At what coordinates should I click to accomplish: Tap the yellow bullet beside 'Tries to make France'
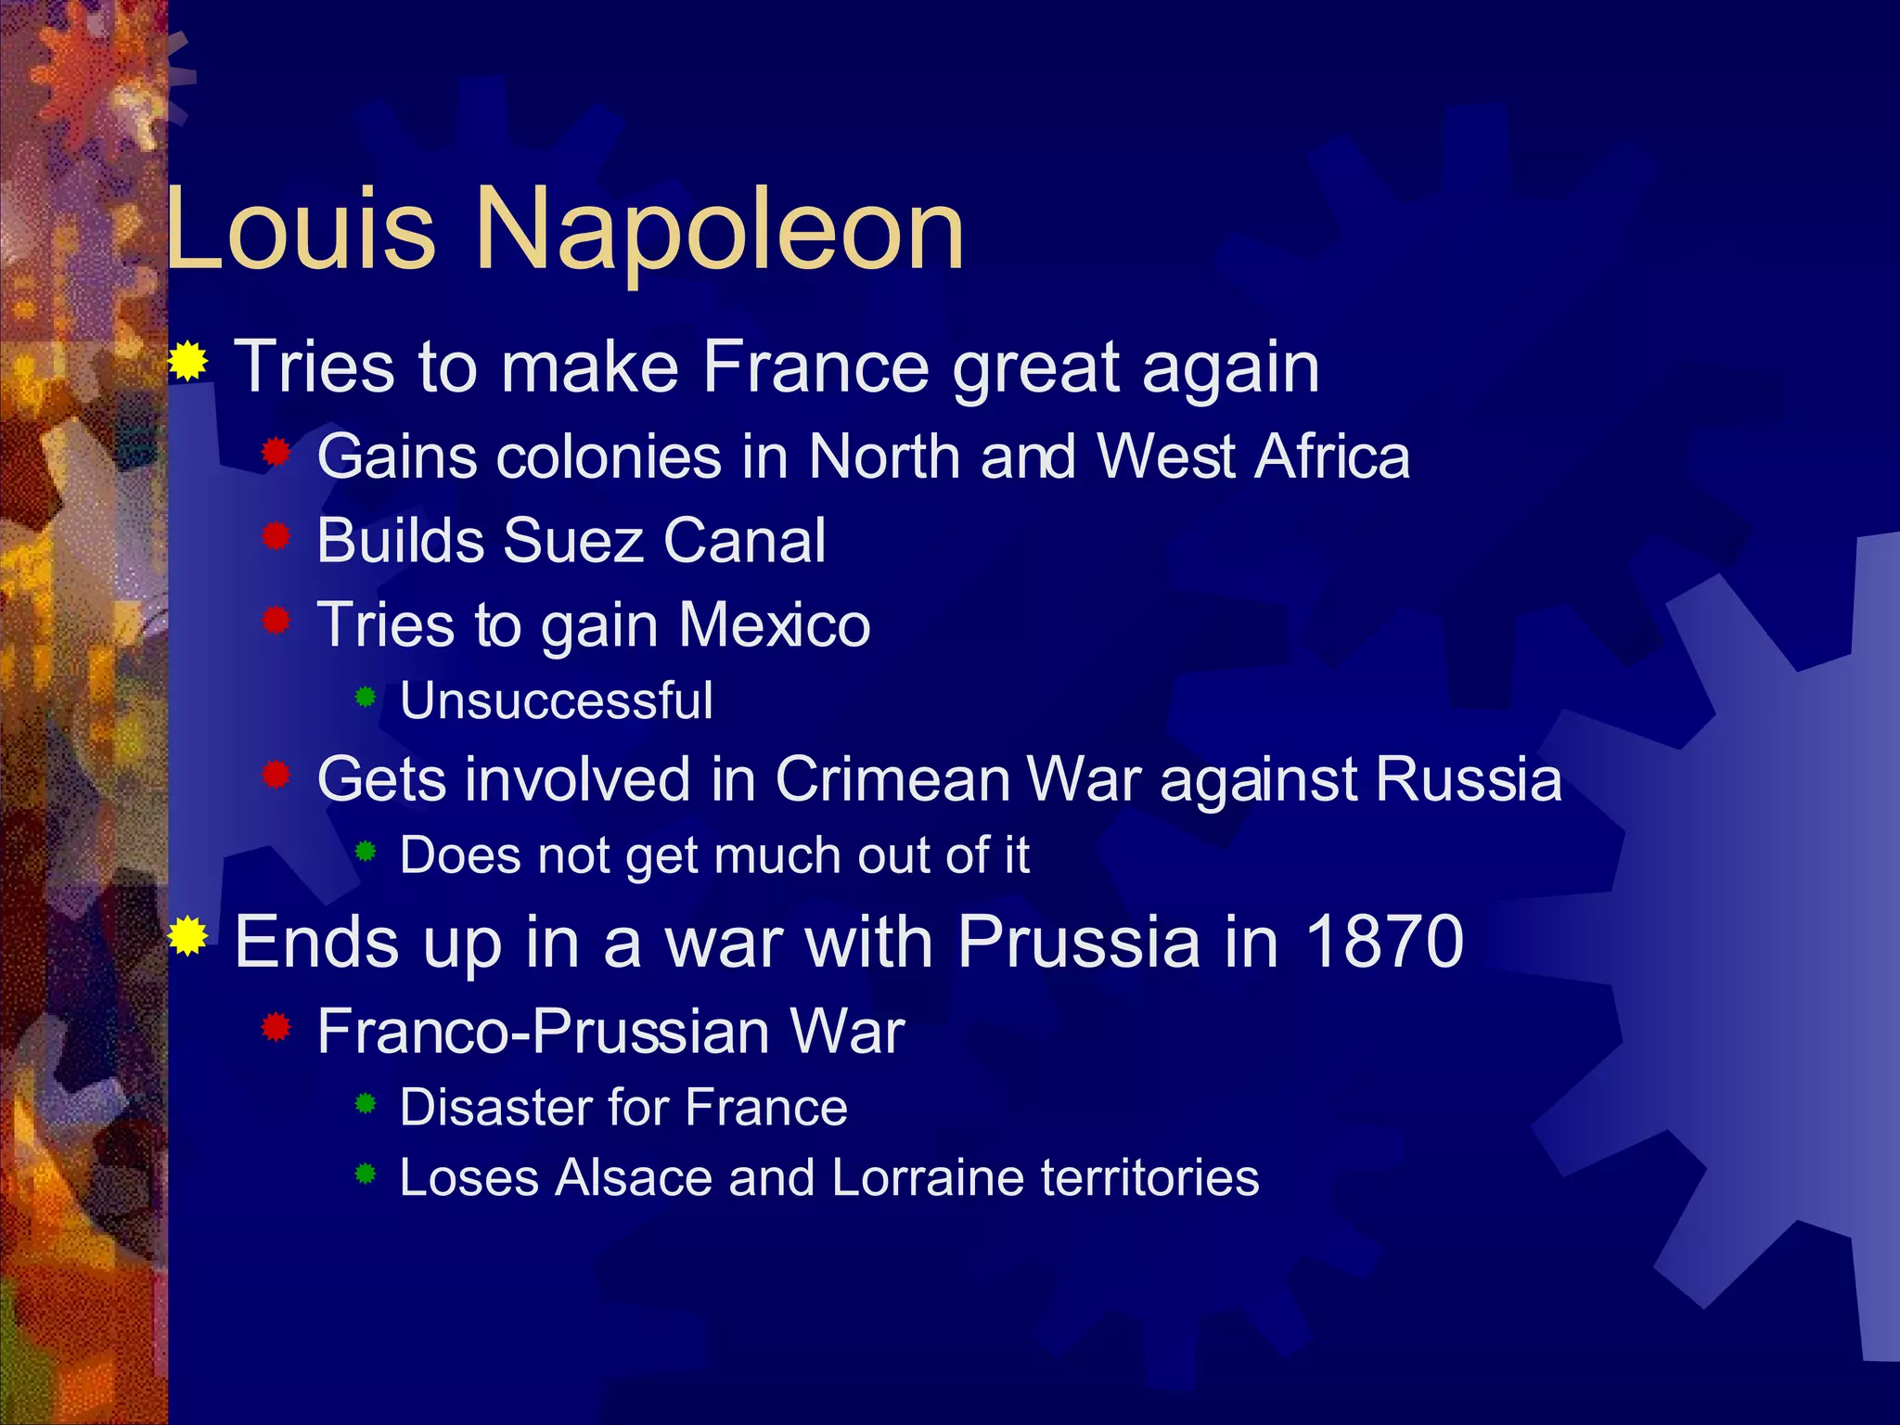coord(188,361)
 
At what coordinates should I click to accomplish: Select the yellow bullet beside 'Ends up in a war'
coord(188,936)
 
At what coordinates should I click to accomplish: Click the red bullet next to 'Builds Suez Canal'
coord(276,535)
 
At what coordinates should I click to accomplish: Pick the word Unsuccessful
coord(557,700)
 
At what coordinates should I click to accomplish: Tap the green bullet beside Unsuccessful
coord(366,696)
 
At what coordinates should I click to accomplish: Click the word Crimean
coord(892,779)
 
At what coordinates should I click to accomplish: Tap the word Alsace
coord(634,1178)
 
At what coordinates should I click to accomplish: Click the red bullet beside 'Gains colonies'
coord(276,453)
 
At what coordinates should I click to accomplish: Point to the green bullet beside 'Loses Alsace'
coord(366,1175)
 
